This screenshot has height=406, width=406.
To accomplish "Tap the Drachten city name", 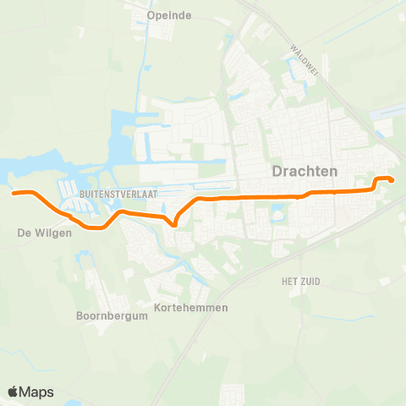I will click(x=304, y=171).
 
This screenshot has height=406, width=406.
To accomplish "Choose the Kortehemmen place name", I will click(x=192, y=307).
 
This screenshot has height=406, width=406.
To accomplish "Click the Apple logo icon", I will click(x=14, y=392).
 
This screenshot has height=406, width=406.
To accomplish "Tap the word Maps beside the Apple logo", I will click(x=37, y=392).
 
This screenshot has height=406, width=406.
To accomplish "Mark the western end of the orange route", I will click(x=14, y=193).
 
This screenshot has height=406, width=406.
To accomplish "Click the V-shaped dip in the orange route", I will click(x=173, y=225).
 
